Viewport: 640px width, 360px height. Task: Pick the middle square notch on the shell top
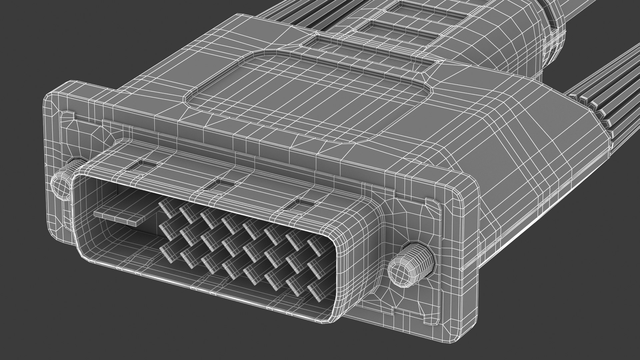pyautogui.click(x=219, y=183)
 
